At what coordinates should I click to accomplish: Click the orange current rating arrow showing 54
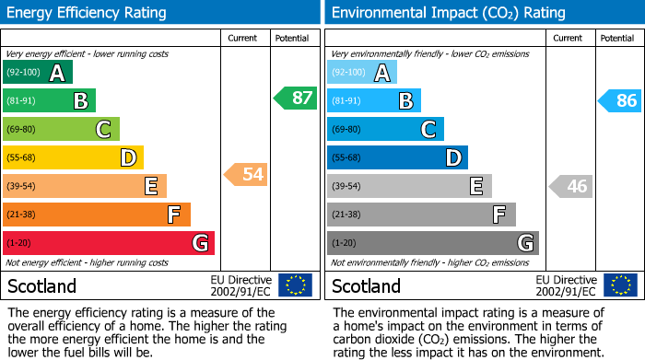245,174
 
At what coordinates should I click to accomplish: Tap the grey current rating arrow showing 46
570,186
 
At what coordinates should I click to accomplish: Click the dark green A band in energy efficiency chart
38,73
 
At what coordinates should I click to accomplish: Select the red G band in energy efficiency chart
109,243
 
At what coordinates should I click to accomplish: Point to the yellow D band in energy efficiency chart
73,157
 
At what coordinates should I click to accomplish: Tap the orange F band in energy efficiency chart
97,215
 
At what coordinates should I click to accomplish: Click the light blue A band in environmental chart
362,73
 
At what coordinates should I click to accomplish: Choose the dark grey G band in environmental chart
432,243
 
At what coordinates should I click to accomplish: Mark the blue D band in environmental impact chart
397,157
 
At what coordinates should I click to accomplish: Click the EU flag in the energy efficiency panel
295,285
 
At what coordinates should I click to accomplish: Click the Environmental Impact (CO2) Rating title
448,13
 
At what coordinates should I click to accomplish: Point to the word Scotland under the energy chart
41,285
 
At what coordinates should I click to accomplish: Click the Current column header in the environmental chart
569,38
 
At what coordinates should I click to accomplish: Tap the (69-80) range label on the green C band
22,130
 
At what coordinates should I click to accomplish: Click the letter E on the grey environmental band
476,186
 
